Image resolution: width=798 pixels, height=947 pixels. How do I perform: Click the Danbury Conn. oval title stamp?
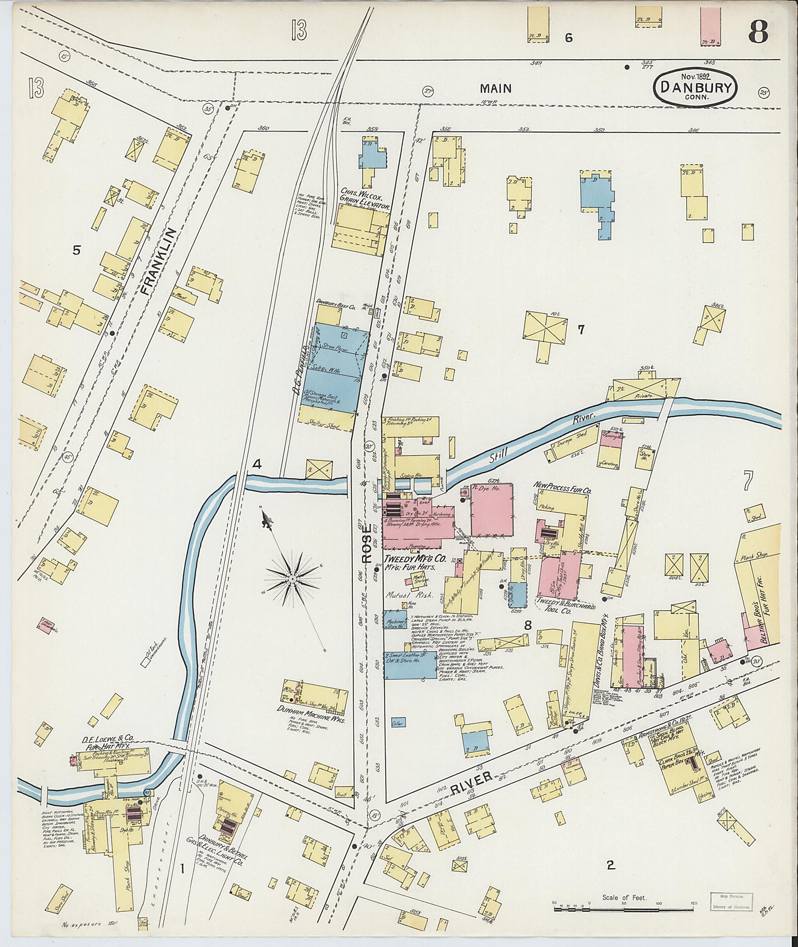[x=695, y=87]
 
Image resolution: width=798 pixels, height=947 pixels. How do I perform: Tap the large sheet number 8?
[x=758, y=33]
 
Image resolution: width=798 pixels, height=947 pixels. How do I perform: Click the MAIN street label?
[x=495, y=88]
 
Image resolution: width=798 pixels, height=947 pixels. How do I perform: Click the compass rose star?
[x=292, y=578]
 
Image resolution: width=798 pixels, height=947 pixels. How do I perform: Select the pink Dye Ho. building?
[x=492, y=511]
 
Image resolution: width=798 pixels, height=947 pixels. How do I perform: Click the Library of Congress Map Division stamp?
[x=730, y=901]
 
